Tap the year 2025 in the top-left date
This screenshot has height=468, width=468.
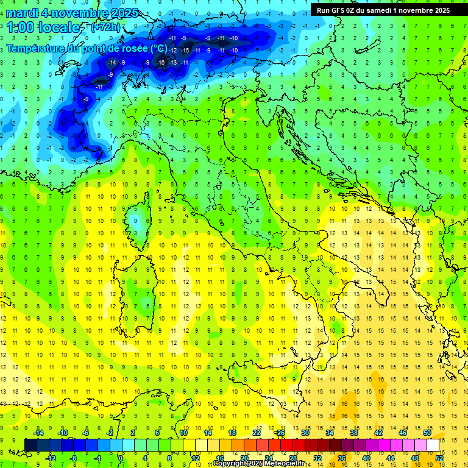[125, 13]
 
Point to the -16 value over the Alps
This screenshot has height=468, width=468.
[160, 62]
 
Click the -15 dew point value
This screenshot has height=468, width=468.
[186, 50]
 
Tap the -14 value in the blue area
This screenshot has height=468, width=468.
[112, 62]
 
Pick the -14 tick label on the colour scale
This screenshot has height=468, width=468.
[38, 433]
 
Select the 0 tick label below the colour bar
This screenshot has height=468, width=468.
[121, 458]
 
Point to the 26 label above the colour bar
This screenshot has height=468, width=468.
[280, 433]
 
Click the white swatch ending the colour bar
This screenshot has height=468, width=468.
[433, 445]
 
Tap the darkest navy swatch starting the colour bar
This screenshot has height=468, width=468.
[30, 445]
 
